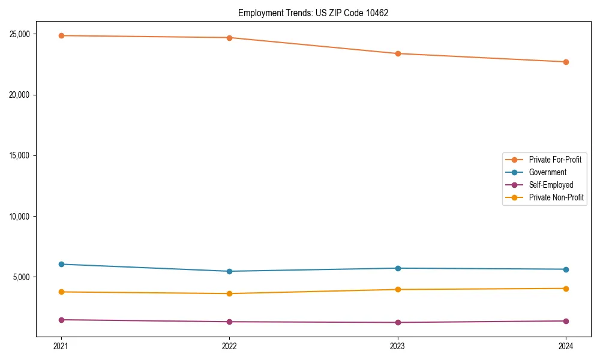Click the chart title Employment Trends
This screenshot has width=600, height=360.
point(313,13)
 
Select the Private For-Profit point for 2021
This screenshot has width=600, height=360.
point(61,35)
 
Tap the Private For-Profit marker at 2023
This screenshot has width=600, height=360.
point(398,53)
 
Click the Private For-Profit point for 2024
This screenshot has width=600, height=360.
point(566,62)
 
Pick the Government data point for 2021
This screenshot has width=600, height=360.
point(61,264)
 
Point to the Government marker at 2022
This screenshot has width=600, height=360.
point(229,271)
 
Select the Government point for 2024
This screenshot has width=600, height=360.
point(566,269)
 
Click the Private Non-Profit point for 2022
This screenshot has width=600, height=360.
point(229,293)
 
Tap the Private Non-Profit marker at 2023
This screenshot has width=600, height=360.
point(398,289)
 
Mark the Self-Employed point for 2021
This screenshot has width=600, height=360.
point(61,320)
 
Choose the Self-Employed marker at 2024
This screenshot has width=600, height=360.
point(566,321)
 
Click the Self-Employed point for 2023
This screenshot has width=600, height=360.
point(398,322)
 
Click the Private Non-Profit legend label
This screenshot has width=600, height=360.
point(556,197)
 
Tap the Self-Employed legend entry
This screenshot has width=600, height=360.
point(551,185)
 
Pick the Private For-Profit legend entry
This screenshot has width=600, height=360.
point(555,160)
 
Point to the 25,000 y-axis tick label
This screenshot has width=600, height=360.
point(22,34)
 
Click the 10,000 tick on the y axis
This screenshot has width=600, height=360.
point(22,216)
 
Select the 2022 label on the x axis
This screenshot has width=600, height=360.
point(229,346)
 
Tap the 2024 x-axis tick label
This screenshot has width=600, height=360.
point(566,346)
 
